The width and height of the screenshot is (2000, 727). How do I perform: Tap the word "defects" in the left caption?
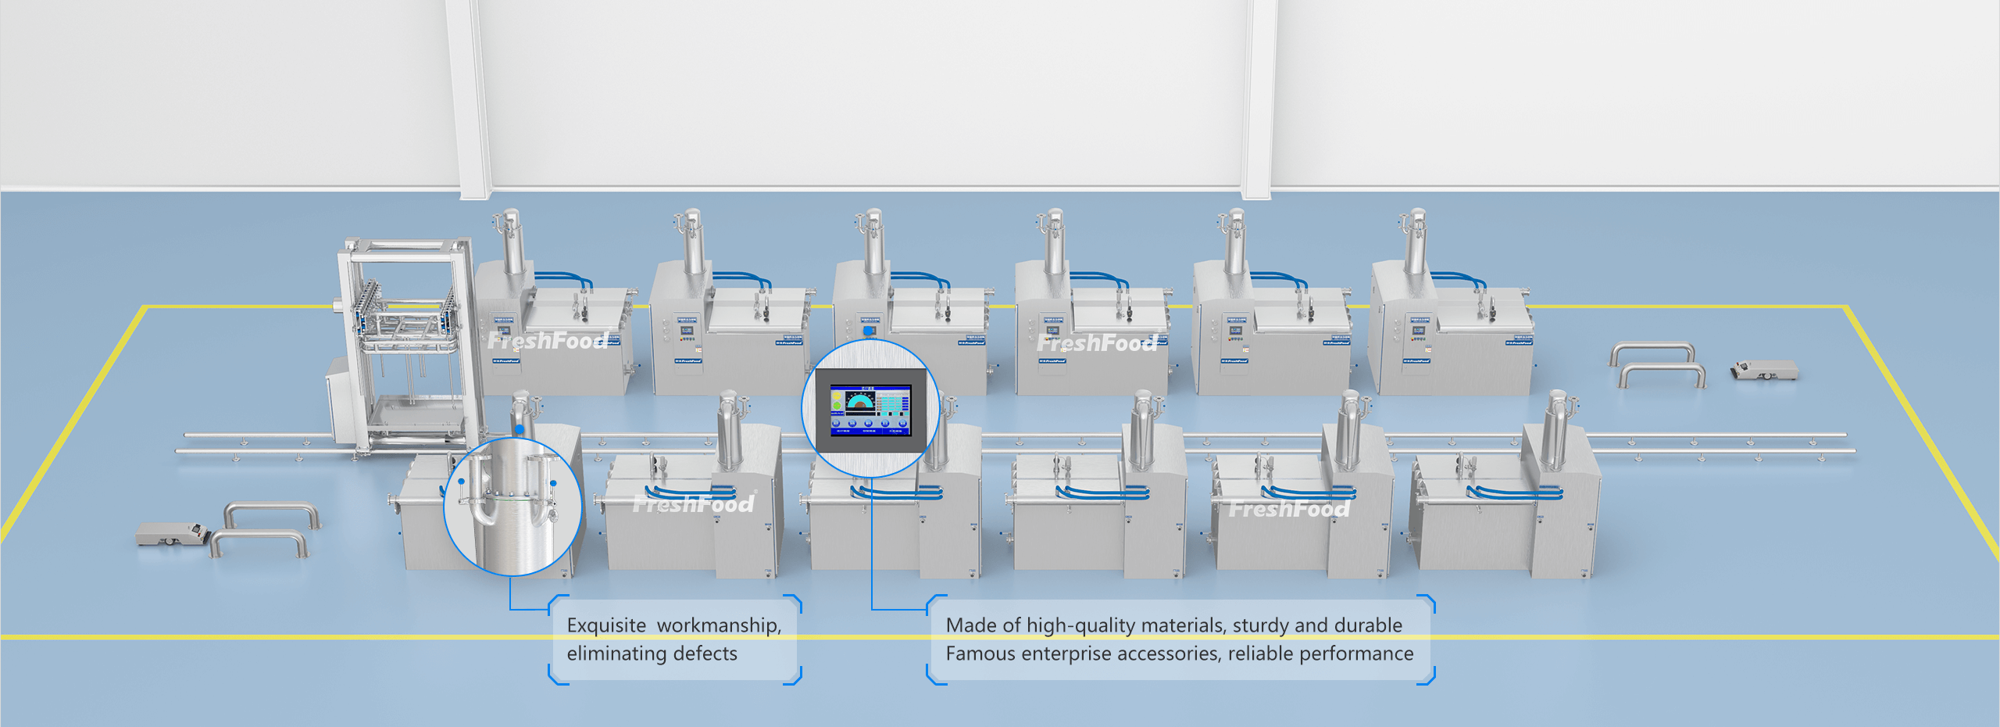pyautogui.click(x=705, y=654)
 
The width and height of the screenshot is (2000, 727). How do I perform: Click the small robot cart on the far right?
pyautogui.click(x=1763, y=370)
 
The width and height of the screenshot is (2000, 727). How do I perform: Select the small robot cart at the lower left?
pyautogui.click(x=171, y=534)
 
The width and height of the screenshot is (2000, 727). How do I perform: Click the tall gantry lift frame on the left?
pyautogui.click(x=406, y=344)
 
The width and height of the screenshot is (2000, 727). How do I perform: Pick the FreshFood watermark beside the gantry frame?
pyautogui.click(x=548, y=341)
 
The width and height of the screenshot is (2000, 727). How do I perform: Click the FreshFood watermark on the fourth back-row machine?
pyautogui.click(x=1097, y=343)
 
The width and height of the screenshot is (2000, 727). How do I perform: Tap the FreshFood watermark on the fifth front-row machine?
pyautogui.click(x=1289, y=509)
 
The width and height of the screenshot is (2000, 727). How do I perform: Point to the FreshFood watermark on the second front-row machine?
pyautogui.click(x=694, y=504)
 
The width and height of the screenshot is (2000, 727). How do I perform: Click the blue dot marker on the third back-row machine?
pyautogui.click(x=868, y=331)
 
